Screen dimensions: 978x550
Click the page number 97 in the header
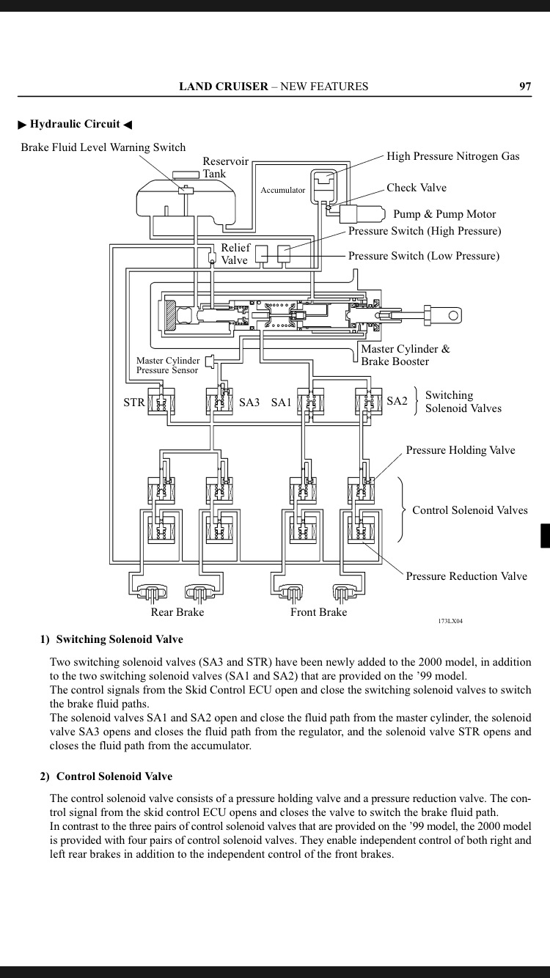coord(525,87)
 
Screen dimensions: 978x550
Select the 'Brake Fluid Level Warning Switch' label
coord(103,147)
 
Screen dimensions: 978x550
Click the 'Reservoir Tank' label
coord(225,168)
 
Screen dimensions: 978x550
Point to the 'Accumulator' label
coord(282,190)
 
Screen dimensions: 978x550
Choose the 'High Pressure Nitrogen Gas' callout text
coord(452,156)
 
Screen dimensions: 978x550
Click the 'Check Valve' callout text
coord(417,188)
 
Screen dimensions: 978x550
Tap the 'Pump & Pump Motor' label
coord(444,214)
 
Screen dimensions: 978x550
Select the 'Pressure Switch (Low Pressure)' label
coord(423,256)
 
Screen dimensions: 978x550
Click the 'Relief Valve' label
coord(235,254)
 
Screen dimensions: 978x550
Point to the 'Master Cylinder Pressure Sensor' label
coord(167,365)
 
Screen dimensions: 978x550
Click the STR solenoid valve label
coord(134,402)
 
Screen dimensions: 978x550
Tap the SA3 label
coord(249,402)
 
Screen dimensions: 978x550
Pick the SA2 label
coord(397,401)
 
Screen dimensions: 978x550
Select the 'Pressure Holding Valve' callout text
coord(461,450)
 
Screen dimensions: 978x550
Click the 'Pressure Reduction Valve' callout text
coord(466,576)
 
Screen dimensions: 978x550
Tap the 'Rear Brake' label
coord(177,612)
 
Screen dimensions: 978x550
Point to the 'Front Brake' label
coord(318,612)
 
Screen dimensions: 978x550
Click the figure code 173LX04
coord(450,621)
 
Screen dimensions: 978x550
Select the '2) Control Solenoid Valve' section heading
coord(106,776)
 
